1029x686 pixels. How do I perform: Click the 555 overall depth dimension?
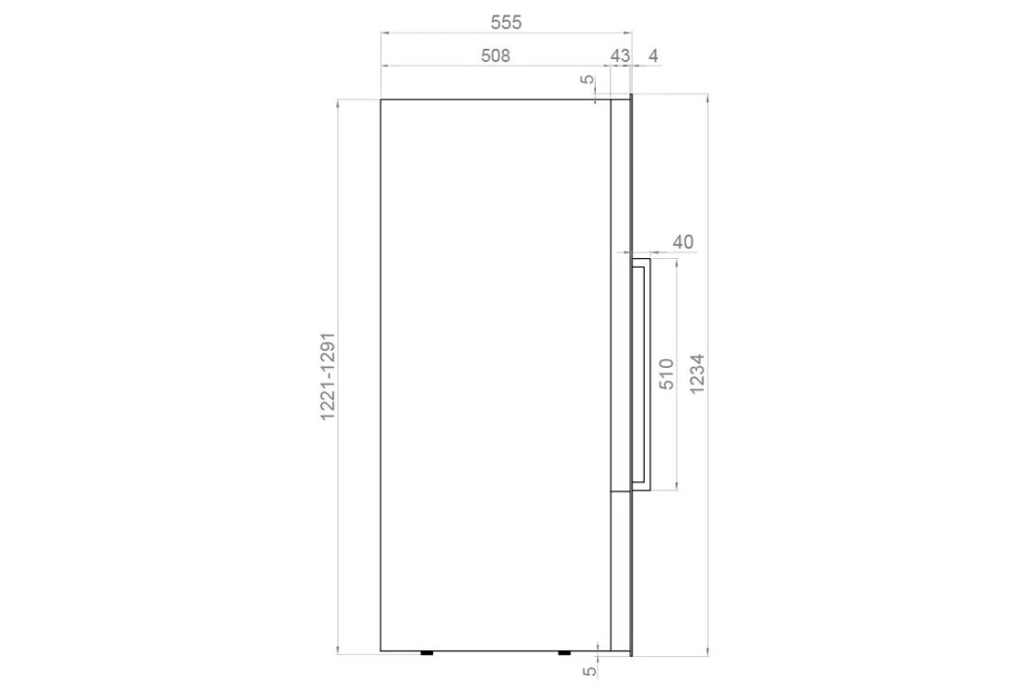[506, 22]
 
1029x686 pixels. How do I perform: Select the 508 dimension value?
[496, 56]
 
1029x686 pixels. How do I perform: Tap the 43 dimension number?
[620, 56]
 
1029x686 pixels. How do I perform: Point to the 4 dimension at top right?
[653, 56]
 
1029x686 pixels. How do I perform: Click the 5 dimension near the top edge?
[587, 80]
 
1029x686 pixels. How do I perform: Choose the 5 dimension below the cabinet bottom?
[589, 671]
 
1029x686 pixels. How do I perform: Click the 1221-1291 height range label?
[328, 376]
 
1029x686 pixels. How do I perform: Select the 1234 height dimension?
[696, 374]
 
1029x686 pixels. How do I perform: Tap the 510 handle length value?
[666, 374]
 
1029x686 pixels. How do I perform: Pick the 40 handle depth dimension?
[683, 242]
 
